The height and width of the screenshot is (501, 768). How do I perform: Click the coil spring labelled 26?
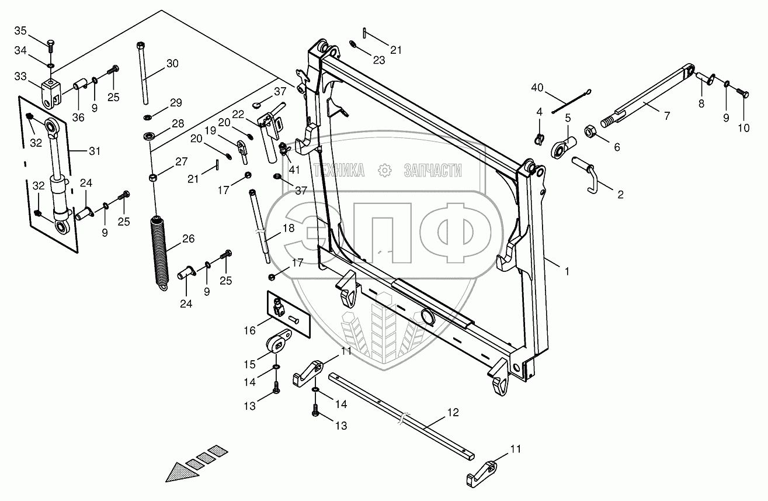(x=159, y=250)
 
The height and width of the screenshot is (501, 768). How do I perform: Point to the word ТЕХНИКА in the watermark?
(x=339, y=171)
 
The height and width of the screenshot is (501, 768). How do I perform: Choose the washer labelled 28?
(x=148, y=137)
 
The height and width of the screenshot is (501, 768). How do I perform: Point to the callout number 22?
(x=237, y=113)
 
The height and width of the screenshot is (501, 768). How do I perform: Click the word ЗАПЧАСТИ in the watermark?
(x=432, y=171)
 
